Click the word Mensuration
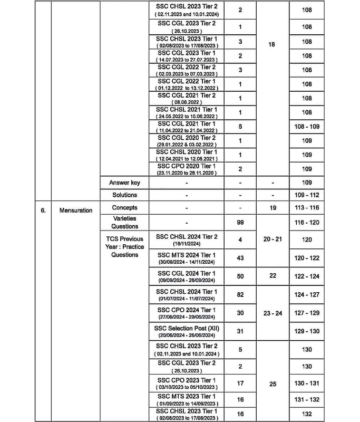76,210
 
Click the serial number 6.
43,210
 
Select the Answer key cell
124,183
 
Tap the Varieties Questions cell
124,222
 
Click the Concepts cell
124,207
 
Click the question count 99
240,223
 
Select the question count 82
240,295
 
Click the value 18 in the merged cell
271,45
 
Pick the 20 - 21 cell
273,239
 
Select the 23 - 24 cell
273,313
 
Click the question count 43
240,257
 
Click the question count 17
240,383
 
